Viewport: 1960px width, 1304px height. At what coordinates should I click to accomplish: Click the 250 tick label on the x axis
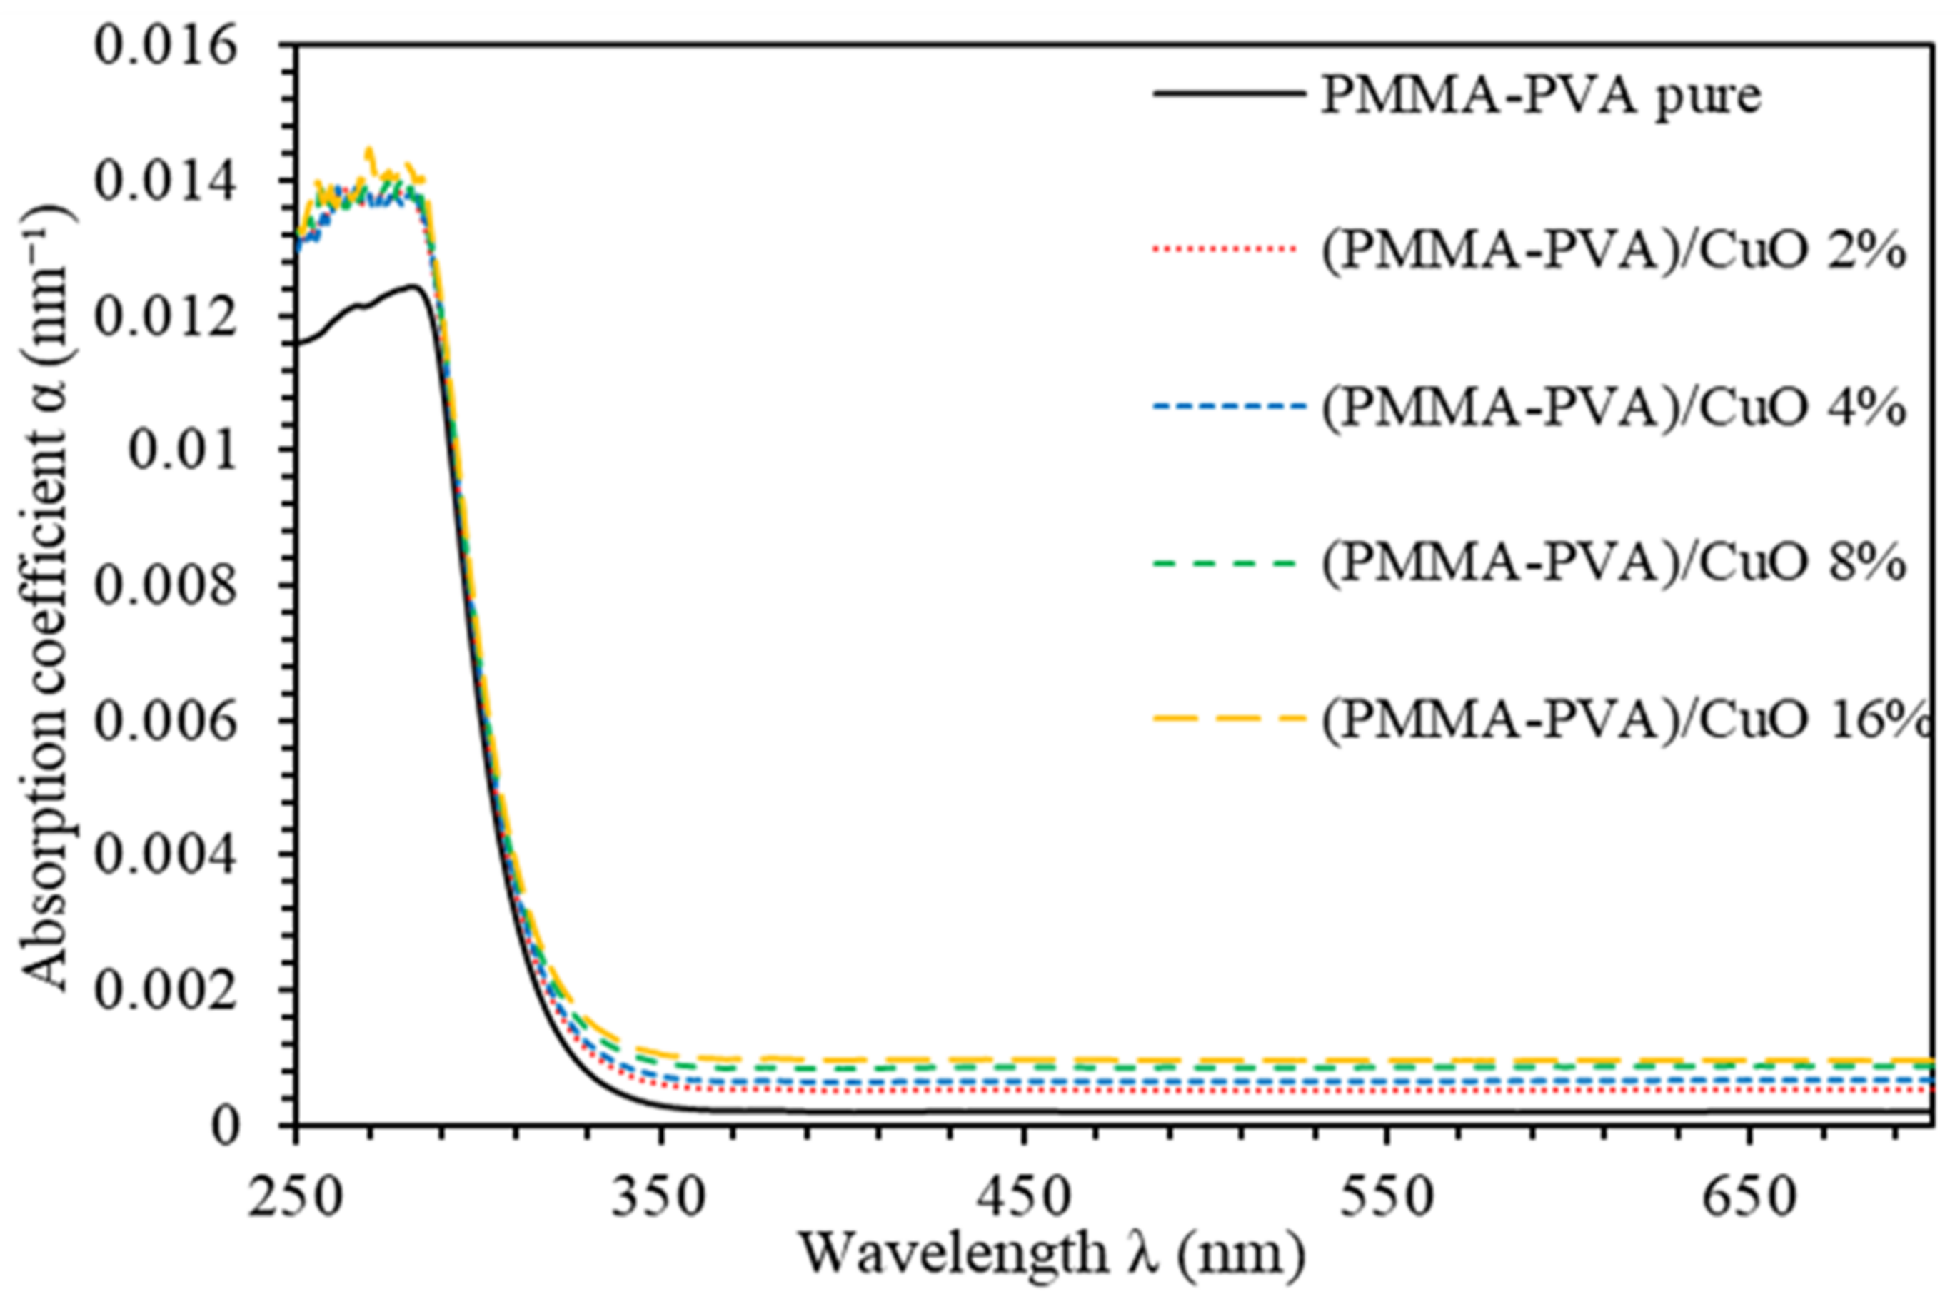coord(296,1198)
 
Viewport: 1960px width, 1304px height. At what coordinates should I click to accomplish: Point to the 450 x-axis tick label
coord(1024,1198)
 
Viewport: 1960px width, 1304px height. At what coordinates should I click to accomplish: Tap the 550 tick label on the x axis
coord(1387,1198)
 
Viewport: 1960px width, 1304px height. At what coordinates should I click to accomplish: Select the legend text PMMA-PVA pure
coord(1541,96)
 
